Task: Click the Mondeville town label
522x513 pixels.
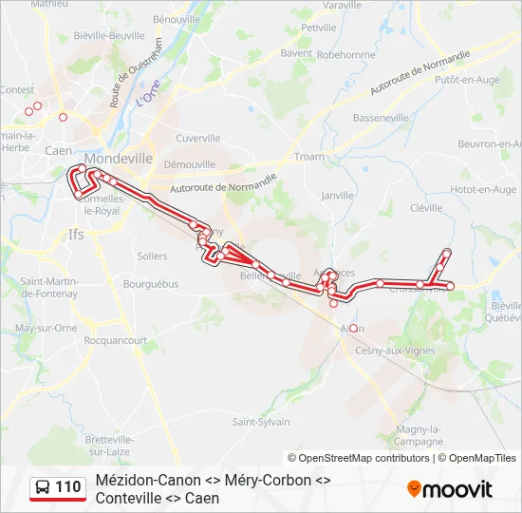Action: click(119, 159)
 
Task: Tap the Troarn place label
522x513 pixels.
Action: click(309, 157)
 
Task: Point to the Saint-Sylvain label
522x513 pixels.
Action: click(261, 422)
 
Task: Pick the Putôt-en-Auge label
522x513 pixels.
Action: click(466, 81)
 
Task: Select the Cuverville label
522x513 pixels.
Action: click(197, 138)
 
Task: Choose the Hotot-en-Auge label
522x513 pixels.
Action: click(483, 190)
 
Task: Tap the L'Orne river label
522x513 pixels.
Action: click(148, 95)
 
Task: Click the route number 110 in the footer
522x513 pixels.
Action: click(67, 487)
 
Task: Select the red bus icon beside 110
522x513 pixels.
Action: click(43, 487)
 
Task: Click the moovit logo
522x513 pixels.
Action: click(450, 488)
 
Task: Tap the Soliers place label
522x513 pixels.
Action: click(152, 256)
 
